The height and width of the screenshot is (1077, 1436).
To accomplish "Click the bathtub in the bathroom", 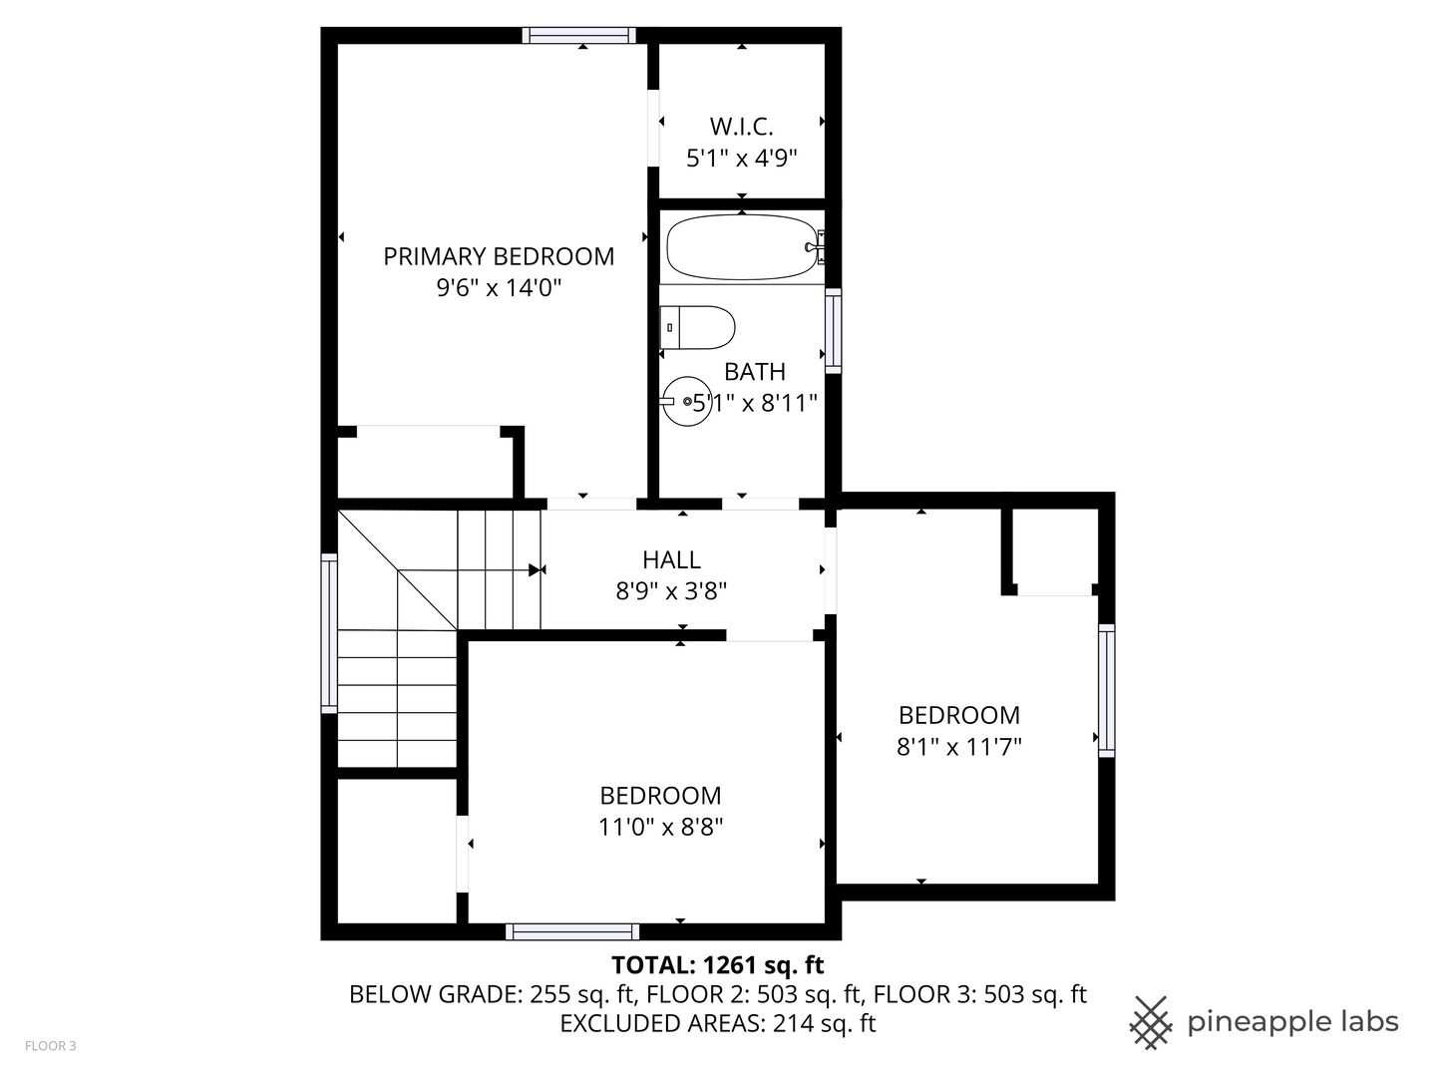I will click(x=740, y=247).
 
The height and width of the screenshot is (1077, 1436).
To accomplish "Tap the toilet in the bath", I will click(x=698, y=327).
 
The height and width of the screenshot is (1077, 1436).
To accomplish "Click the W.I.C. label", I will click(x=741, y=127).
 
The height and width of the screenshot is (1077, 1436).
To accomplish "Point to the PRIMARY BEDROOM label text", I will click(x=499, y=256).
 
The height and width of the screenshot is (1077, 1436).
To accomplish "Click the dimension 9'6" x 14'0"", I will click(x=499, y=288).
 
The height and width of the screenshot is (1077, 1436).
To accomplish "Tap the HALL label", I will click(x=671, y=559).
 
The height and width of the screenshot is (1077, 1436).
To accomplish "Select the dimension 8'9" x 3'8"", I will click(x=671, y=591).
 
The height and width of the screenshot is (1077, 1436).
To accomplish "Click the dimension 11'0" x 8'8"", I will click(x=660, y=827).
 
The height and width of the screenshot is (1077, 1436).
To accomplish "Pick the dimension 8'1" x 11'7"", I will click(x=959, y=747).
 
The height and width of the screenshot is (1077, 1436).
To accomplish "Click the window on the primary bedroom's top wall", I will click(x=579, y=36).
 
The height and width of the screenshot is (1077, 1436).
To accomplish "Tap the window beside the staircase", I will click(x=329, y=633).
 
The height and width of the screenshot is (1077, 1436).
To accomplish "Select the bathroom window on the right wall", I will click(x=833, y=331).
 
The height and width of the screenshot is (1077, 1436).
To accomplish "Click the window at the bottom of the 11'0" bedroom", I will click(x=572, y=931).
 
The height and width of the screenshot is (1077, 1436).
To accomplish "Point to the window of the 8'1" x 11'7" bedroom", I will click(x=1106, y=690).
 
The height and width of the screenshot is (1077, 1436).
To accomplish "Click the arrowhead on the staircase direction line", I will click(x=537, y=570).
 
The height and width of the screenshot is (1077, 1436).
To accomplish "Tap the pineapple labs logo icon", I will click(x=1151, y=1022).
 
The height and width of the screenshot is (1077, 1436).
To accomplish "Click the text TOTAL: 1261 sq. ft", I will click(x=717, y=964).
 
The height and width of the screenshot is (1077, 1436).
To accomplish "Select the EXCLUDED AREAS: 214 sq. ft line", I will click(x=717, y=1023).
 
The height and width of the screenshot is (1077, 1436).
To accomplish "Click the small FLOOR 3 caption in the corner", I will click(x=50, y=1046).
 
